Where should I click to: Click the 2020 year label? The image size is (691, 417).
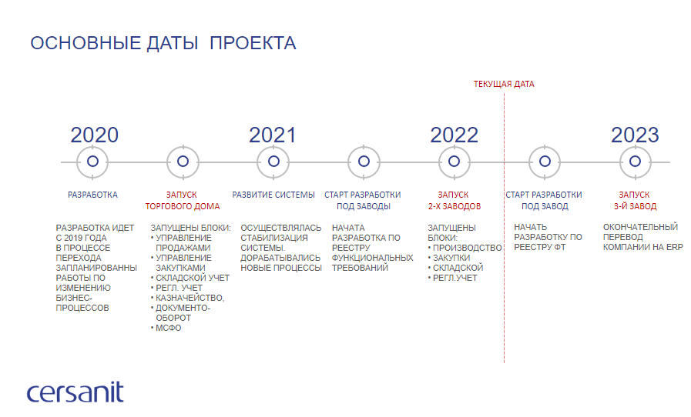click(94, 135)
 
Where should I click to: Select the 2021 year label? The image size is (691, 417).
click(273, 135)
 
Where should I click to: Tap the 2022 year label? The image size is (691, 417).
click(454, 135)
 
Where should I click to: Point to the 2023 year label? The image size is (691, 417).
click(635, 135)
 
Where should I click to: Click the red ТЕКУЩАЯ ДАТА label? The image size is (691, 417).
click(504, 84)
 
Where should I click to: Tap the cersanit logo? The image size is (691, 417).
click(75, 392)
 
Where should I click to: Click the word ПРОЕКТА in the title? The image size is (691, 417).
click(253, 43)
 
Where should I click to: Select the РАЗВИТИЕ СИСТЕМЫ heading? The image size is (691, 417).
click(273, 195)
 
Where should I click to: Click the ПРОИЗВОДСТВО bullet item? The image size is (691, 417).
click(467, 248)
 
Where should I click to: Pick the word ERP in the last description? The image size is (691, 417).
click(674, 247)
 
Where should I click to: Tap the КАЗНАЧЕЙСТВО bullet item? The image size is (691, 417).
click(190, 298)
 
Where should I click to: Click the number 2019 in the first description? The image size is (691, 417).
click(74, 239)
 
